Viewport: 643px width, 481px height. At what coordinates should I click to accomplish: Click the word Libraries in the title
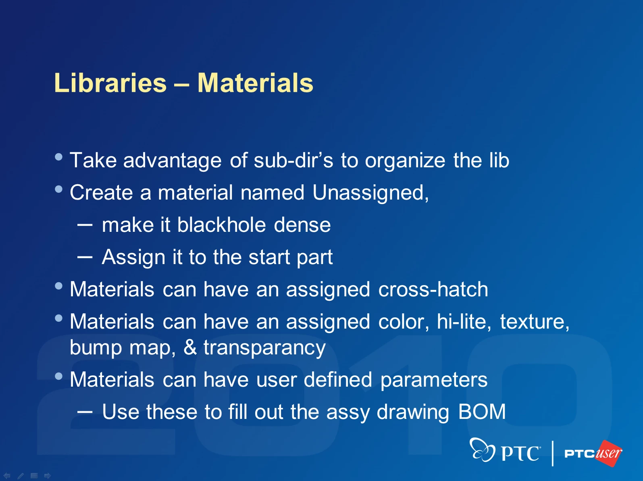pyautogui.click(x=110, y=83)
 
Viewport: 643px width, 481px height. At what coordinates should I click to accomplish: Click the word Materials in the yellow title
pyautogui.click(x=256, y=83)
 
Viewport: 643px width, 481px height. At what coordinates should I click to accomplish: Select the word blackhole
pyautogui.click(x=221, y=225)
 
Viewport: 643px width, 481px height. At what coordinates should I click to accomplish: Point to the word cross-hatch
pyautogui.click(x=433, y=289)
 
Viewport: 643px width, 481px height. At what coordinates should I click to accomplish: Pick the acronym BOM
pyautogui.click(x=482, y=412)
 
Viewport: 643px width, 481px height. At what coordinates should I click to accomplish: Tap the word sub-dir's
pyautogui.click(x=293, y=160)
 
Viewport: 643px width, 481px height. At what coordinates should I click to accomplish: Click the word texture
pyautogui.click(x=535, y=322)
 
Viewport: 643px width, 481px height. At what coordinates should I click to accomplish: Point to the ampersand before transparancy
pyautogui.click(x=190, y=348)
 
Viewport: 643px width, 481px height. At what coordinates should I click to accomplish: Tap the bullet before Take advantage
pyautogui.click(x=58, y=157)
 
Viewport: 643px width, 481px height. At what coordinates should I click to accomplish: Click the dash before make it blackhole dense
pyautogui.click(x=85, y=225)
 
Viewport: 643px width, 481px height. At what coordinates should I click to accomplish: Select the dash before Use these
pyautogui.click(x=85, y=412)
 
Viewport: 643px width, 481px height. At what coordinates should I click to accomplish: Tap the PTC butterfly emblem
pyautogui.click(x=482, y=450)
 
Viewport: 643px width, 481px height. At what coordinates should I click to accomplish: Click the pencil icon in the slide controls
pyautogui.click(x=21, y=476)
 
